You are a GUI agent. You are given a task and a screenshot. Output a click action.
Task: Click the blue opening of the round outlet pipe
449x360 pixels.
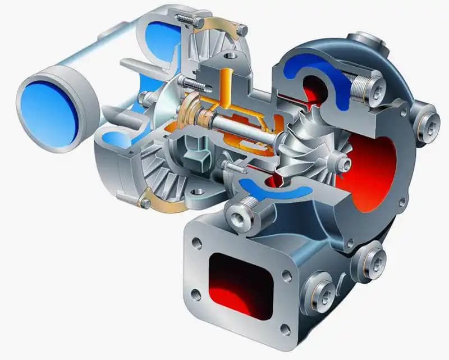click(x=49, y=107)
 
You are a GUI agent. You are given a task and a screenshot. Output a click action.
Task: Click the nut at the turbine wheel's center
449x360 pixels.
click(x=343, y=165)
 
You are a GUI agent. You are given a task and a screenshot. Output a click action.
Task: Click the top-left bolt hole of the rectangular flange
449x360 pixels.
click(x=197, y=243)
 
